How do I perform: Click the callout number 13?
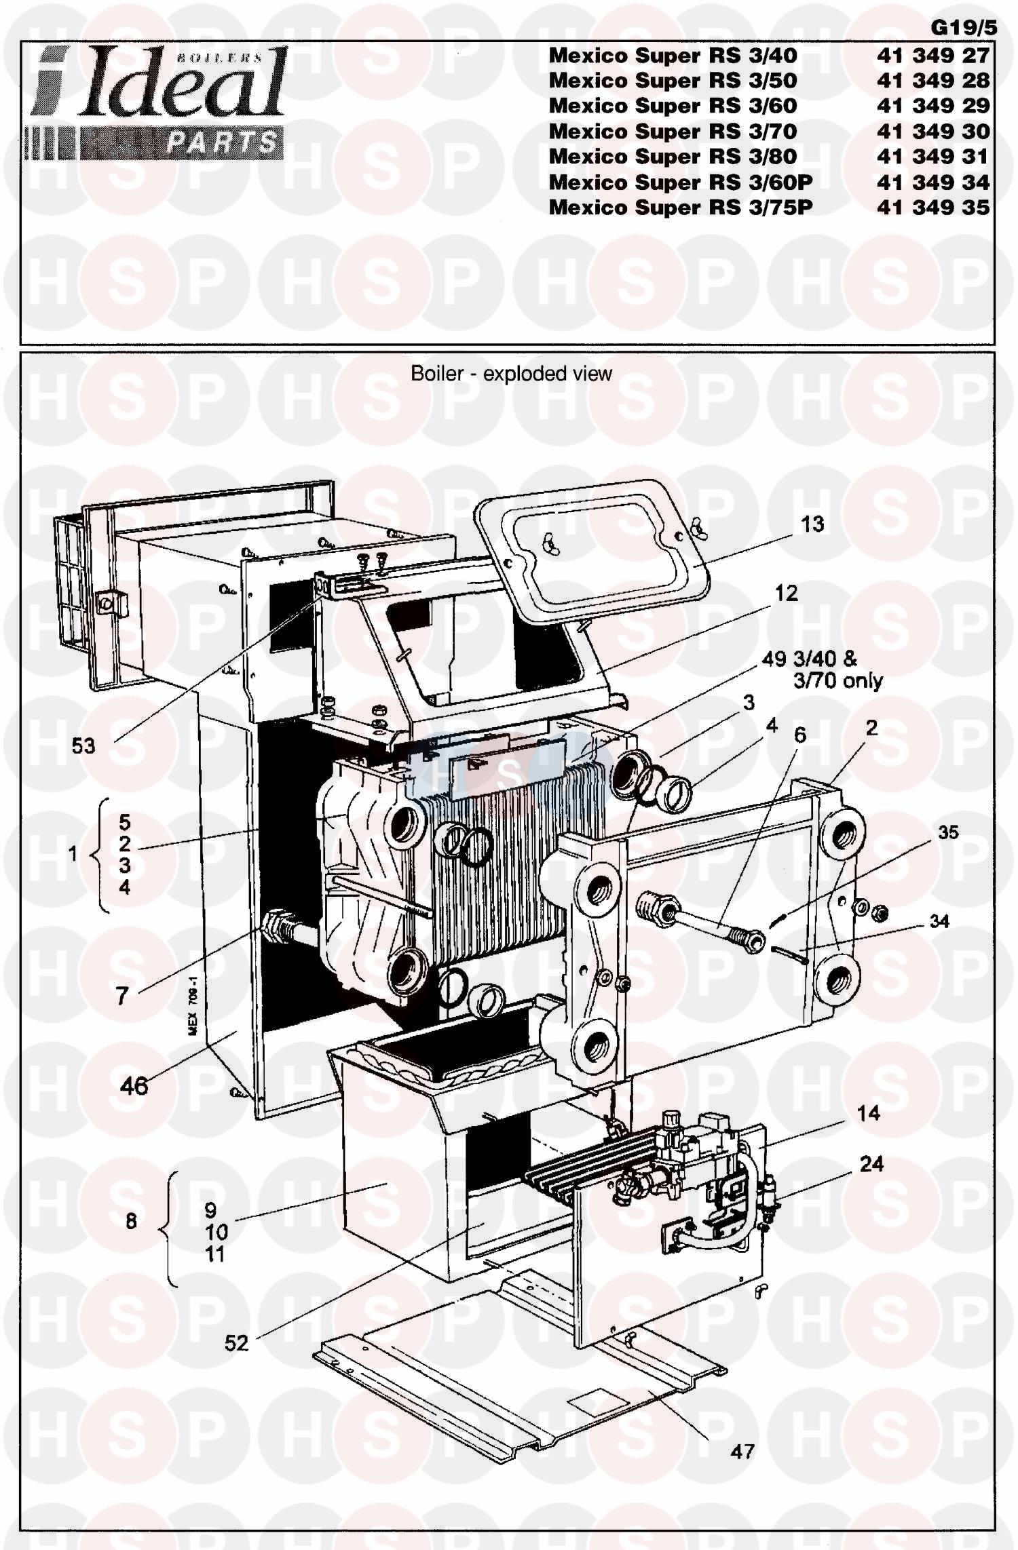(x=812, y=524)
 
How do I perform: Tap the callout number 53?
(x=83, y=746)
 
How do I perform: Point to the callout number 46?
(x=134, y=1085)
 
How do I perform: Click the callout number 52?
(x=237, y=1342)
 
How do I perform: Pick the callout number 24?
(x=871, y=1164)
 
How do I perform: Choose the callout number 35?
(x=948, y=832)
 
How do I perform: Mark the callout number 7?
(x=122, y=996)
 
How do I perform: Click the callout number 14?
(x=869, y=1112)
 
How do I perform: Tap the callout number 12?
(x=787, y=593)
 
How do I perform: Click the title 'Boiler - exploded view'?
(x=512, y=373)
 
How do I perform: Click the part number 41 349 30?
(x=933, y=131)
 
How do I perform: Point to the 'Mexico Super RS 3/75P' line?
(x=681, y=207)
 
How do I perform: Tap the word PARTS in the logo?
(x=222, y=143)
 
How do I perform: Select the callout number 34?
(x=939, y=921)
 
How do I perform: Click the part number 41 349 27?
(x=933, y=55)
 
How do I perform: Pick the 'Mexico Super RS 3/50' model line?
(x=673, y=80)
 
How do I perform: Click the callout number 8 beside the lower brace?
(x=131, y=1221)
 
